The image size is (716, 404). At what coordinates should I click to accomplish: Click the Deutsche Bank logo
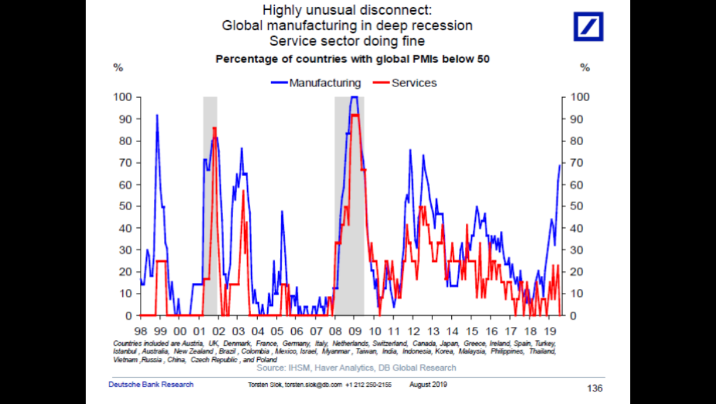pyautogui.click(x=588, y=27)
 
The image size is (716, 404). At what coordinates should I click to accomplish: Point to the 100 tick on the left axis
pyautogui.click(x=122, y=97)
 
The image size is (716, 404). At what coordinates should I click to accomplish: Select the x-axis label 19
pyautogui.click(x=551, y=331)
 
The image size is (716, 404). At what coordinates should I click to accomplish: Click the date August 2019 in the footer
pyautogui.click(x=429, y=384)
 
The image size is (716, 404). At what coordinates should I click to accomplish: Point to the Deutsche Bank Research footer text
pyautogui.click(x=151, y=384)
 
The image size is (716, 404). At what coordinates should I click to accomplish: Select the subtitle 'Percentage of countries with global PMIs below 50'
pyautogui.click(x=353, y=59)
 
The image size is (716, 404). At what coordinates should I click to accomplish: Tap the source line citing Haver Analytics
pyautogui.click(x=356, y=367)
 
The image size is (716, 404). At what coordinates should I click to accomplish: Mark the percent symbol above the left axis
pyautogui.click(x=118, y=68)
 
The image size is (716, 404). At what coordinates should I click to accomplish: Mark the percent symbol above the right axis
pyautogui.click(x=585, y=68)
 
